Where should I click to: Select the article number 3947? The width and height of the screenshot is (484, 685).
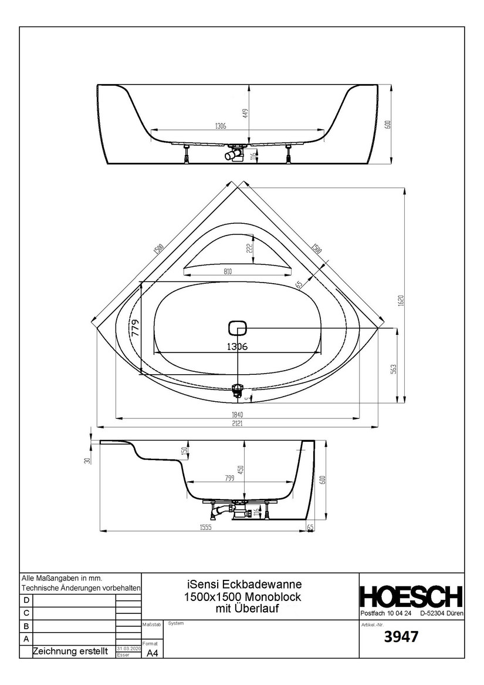401,636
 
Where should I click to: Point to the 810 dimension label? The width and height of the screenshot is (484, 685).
228,271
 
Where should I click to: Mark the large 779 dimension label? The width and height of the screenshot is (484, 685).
136,327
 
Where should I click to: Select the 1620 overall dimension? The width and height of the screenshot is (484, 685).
401,300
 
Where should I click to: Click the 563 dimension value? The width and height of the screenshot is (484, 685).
394,368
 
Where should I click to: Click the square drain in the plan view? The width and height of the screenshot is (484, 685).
237,328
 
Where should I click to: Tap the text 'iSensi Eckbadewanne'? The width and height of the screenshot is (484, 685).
244,585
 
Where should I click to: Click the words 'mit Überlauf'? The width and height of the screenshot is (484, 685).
244,608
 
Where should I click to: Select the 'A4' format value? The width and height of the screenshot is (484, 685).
152,653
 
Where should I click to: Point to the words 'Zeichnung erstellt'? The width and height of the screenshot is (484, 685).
70,652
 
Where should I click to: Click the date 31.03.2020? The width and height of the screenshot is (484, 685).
129,648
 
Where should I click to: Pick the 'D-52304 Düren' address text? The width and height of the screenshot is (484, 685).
442,613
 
